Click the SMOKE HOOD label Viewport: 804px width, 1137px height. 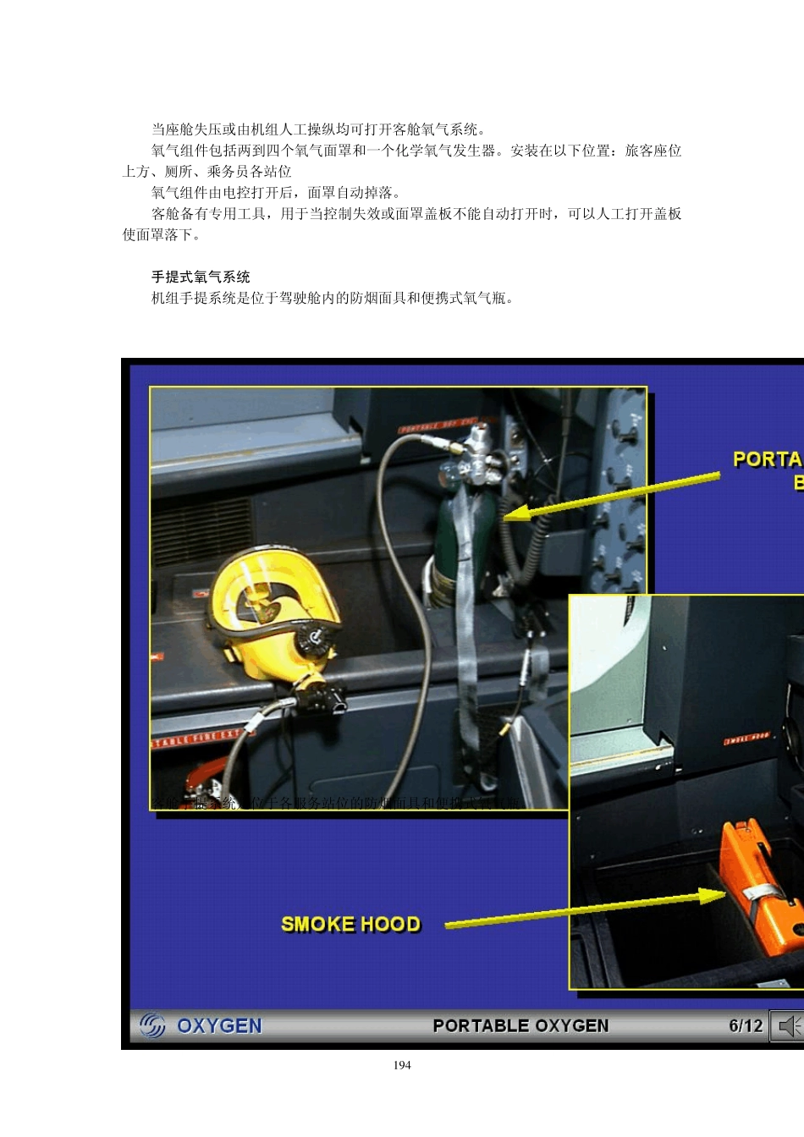point(350,924)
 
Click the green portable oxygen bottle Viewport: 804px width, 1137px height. point(461,541)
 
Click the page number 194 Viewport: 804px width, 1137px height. point(402,1065)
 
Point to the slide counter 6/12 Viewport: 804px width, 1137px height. point(746,1025)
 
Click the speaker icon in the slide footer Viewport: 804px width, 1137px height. point(789,1026)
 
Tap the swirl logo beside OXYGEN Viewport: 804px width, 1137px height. point(152,1025)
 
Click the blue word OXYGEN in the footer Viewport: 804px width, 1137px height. point(219,1025)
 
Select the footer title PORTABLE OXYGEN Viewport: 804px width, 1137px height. point(520,1025)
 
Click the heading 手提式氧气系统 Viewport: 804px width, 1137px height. point(201,277)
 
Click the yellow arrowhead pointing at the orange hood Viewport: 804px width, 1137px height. point(712,896)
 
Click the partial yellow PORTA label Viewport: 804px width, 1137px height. point(767,459)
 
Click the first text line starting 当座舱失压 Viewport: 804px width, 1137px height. point(318,129)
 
